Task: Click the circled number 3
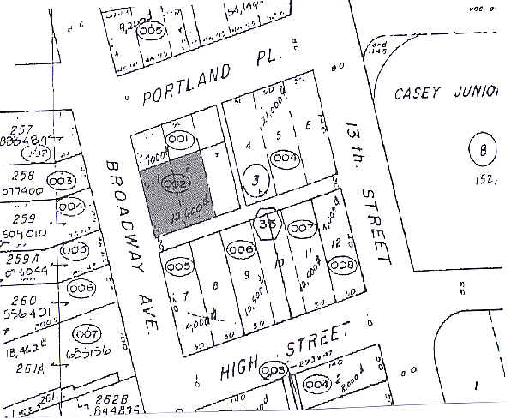tap(252, 181)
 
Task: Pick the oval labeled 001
tap(180, 140)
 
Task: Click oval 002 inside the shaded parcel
tap(175, 182)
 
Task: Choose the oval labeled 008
tap(341, 265)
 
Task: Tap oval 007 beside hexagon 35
tap(304, 229)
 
